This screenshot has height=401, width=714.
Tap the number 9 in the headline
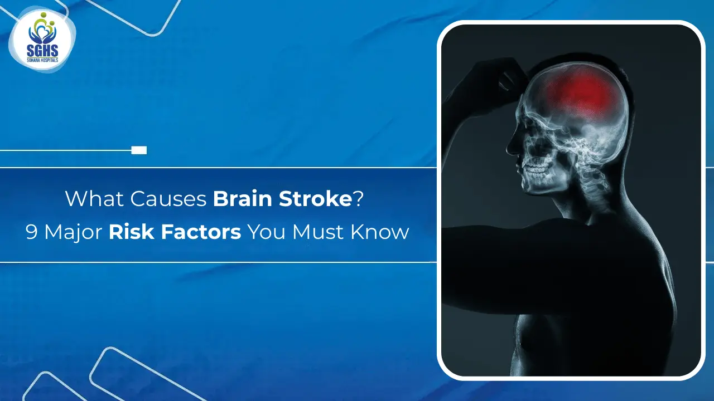pyautogui.click(x=32, y=232)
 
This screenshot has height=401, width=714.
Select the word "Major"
pyautogui.click(x=73, y=232)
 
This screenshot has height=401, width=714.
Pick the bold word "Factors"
pyautogui.click(x=200, y=232)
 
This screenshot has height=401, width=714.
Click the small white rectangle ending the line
pyautogui.click(x=139, y=150)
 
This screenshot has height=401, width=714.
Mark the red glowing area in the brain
pyautogui.click(x=577, y=92)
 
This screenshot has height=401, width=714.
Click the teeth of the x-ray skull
pyautogui.click(x=536, y=167)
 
